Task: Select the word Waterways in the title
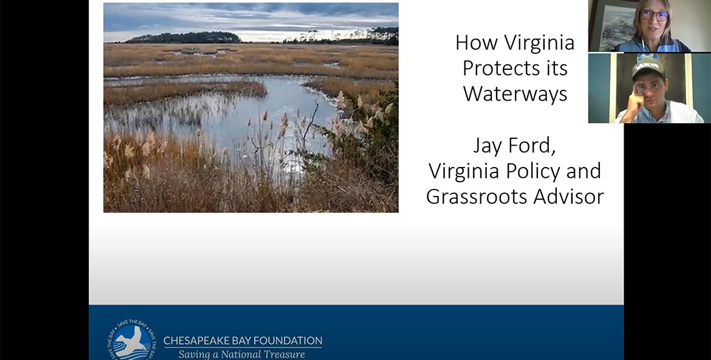pyautogui.click(x=515, y=93)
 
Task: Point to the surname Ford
pyautogui.click(x=534, y=146)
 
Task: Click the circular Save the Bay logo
pyautogui.click(x=131, y=339)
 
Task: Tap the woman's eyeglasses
pyautogui.click(x=655, y=16)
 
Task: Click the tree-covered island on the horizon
pyautogui.click(x=183, y=38)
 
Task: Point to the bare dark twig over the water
pyautogui.click(x=311, y=120)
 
